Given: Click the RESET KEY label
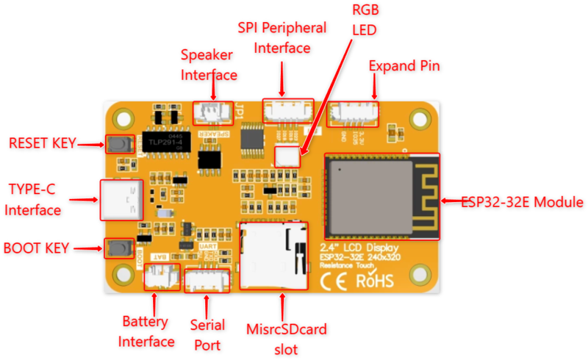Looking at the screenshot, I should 42,143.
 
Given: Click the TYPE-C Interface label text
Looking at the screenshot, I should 33,199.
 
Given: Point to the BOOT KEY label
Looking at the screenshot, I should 36,248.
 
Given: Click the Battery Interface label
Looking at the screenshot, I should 146,331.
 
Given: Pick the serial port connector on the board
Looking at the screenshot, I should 207,280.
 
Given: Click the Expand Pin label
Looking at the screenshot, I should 404,66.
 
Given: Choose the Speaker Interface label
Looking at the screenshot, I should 209,65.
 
